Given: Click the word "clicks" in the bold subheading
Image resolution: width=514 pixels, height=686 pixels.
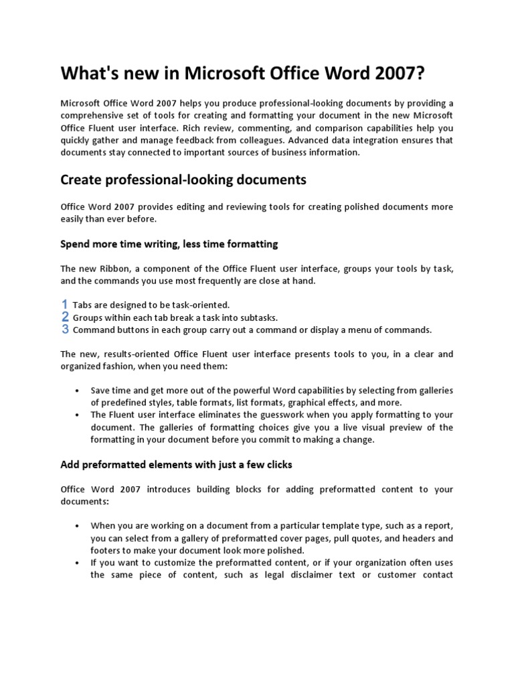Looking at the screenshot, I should [275, 464].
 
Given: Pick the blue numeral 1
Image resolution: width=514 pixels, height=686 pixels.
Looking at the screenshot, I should [65, 304].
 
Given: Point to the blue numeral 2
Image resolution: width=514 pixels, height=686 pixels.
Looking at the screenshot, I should [65, 317].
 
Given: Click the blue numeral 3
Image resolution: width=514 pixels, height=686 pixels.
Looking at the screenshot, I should [65, 330].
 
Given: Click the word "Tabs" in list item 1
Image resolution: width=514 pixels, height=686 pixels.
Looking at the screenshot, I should [82, 305].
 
